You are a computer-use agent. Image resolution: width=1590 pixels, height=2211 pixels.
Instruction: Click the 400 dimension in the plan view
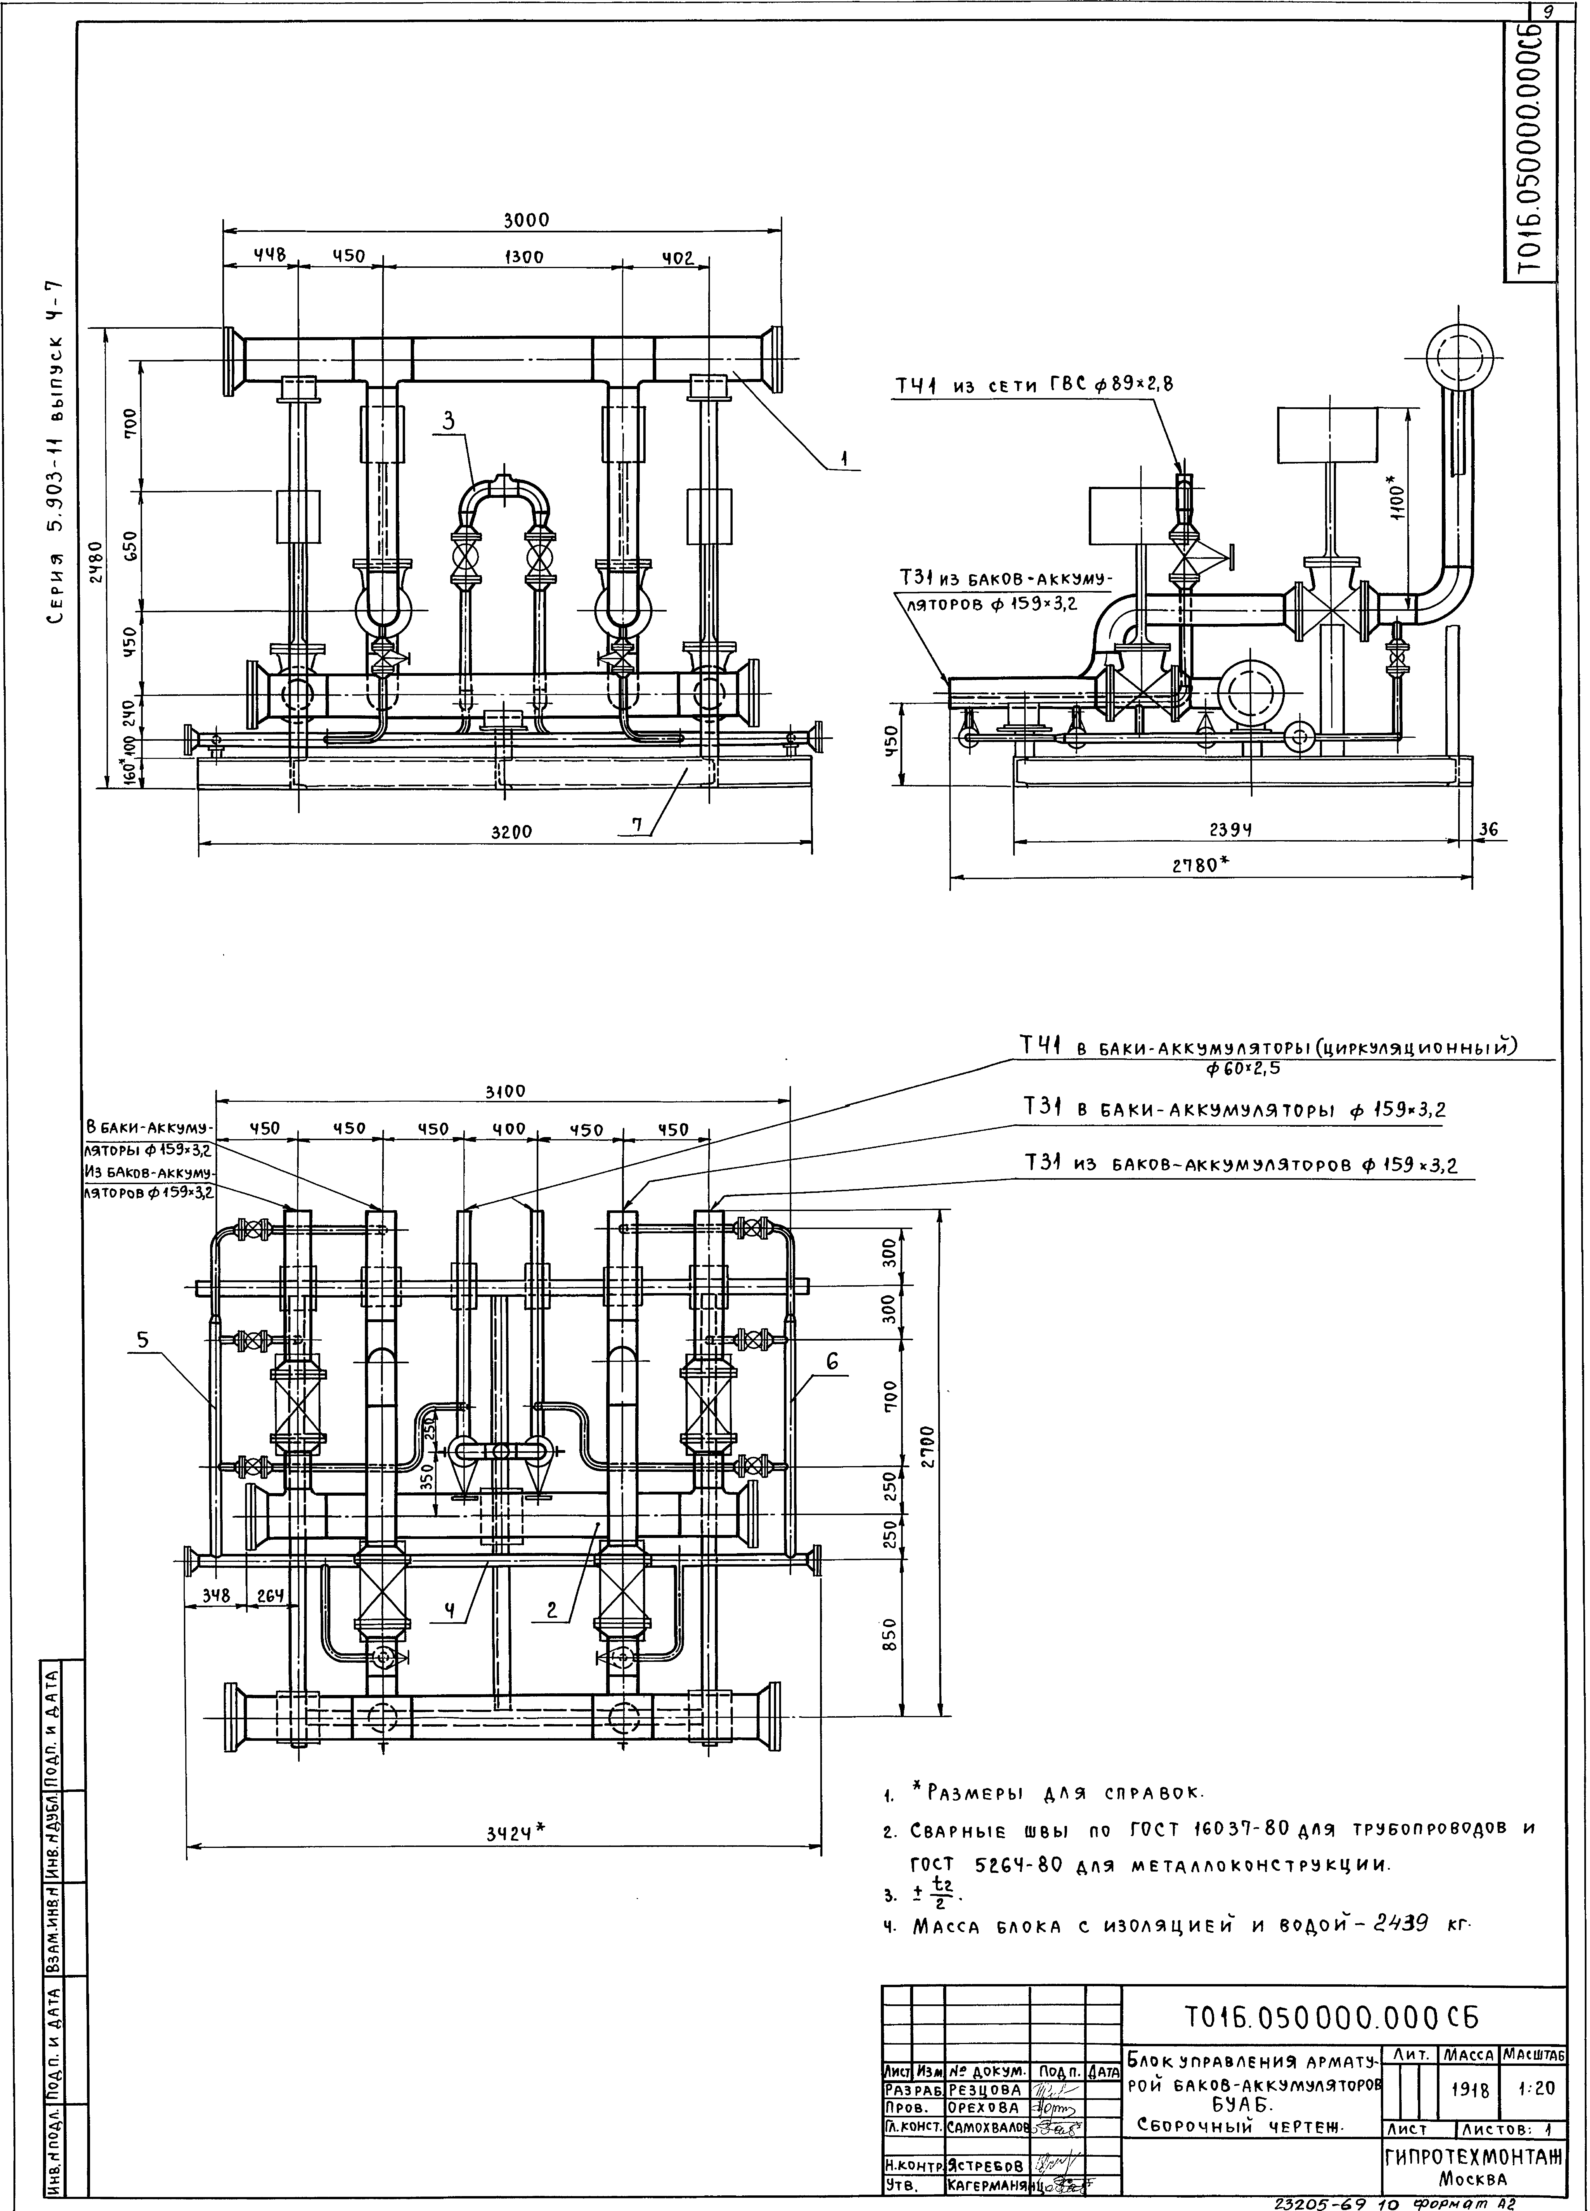508,1129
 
